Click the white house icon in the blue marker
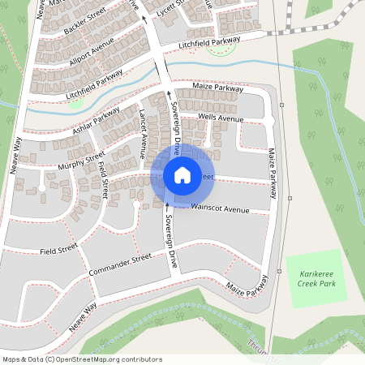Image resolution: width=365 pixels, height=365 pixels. [x=182, y=174]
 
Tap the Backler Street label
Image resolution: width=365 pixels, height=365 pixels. [x=84, y=24]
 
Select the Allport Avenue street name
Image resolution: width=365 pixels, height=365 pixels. [x=91, y=52]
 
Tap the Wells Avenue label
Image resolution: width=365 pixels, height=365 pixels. [x=221, y=118]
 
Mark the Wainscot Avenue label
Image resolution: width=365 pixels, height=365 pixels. [x=220, y=208]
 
